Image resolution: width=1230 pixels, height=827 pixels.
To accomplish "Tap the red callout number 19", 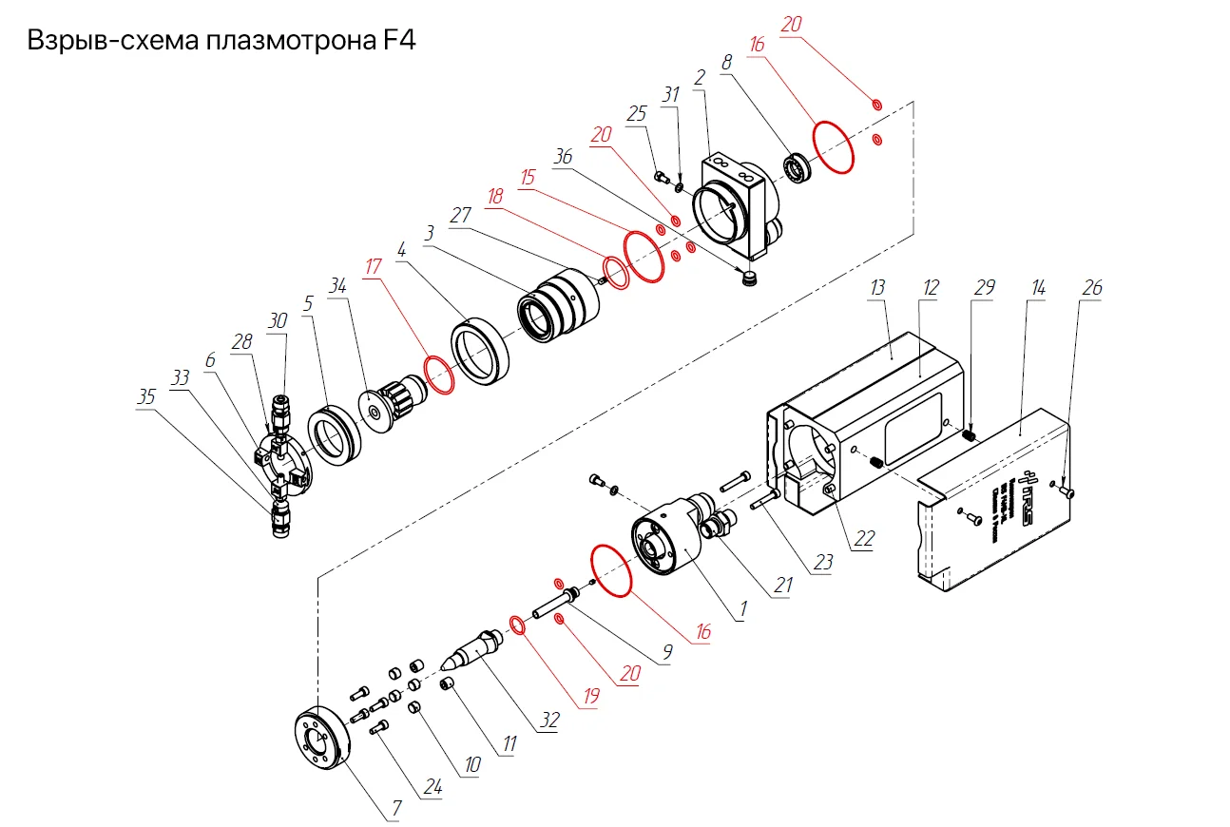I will point(591,697).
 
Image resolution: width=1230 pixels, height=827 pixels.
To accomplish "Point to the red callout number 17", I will point(373,267).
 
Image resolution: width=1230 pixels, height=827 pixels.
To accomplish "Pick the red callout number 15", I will point(529,177).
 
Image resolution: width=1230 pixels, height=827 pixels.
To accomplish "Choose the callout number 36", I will point(563,156).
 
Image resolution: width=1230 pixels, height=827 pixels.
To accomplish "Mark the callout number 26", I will point(1092,287).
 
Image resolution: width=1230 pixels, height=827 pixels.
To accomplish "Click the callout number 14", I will point(1038,287).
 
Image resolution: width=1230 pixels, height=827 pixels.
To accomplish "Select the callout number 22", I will point(863,539).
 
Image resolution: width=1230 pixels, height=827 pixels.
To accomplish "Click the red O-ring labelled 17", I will point(438,375).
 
